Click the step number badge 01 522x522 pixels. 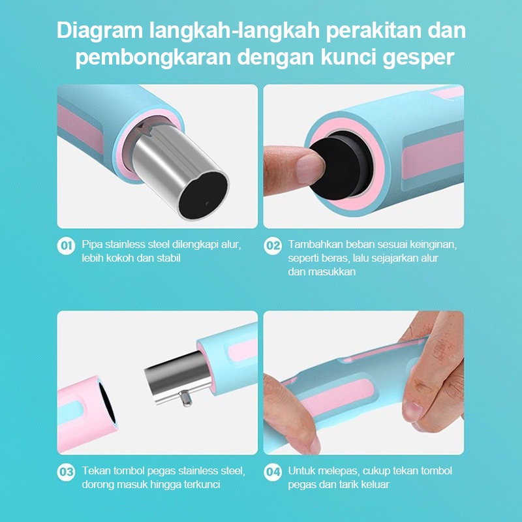pos(66,246)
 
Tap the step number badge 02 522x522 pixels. pos(272,246)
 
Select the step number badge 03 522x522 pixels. pos(66,472)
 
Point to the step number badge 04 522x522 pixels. pos(272,472)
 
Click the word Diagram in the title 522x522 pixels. pos(100,31)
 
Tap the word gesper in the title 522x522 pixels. pos(418,58)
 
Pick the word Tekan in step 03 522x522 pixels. pos(96,470)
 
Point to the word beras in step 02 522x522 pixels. pos(335,258)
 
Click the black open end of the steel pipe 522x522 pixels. pos(204,194)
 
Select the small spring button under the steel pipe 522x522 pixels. pos(185,399)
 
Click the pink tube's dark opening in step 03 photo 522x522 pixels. pos(106,403)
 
